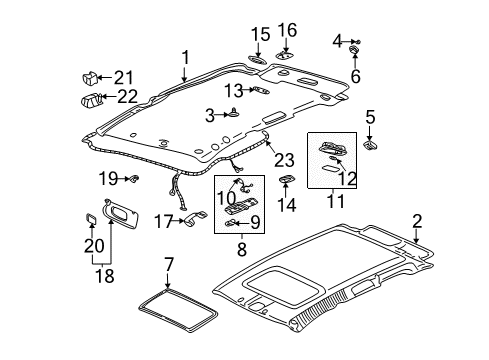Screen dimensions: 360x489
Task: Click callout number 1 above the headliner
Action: point(184,57)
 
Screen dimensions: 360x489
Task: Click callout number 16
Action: point(287,30)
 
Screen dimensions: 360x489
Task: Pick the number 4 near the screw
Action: point(337,40)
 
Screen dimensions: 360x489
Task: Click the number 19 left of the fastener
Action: point(109,178)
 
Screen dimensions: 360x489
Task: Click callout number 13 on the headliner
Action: point(234,91)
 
